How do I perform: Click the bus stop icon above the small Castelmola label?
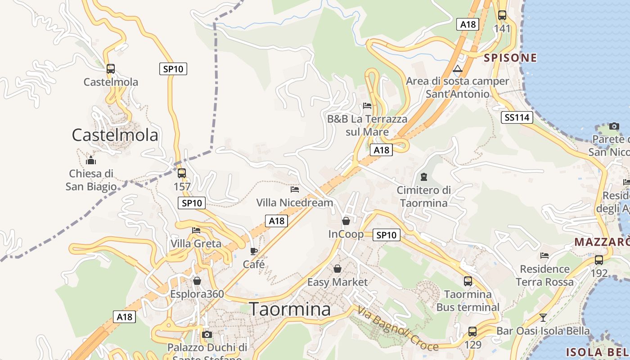click(111, 69)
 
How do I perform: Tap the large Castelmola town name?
click(115, 135)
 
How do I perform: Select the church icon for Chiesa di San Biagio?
click(91, 160)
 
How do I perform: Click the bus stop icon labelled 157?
click(182, 173)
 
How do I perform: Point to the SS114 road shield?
click(517, 118)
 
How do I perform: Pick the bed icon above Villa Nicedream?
click(295, 189)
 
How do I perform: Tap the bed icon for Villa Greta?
click(196, 230)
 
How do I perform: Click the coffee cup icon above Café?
click(254, 251)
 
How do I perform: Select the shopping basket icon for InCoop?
click(346, 221)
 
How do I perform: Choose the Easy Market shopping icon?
click(337, 269)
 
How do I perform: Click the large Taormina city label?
click(290, 310)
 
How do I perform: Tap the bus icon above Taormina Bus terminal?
click(468, 281)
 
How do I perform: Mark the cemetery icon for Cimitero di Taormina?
click(423, 177)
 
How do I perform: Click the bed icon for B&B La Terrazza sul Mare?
click(367, 106)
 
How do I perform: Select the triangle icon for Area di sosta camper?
click(458, 68)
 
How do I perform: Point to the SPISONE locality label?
click(510, 58)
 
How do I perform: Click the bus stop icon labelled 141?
click(502, 15)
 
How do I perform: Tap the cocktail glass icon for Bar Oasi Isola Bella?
click(543, 318)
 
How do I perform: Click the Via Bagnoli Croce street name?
click(398, 328)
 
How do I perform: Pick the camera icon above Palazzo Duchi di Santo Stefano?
click(207, 334)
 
